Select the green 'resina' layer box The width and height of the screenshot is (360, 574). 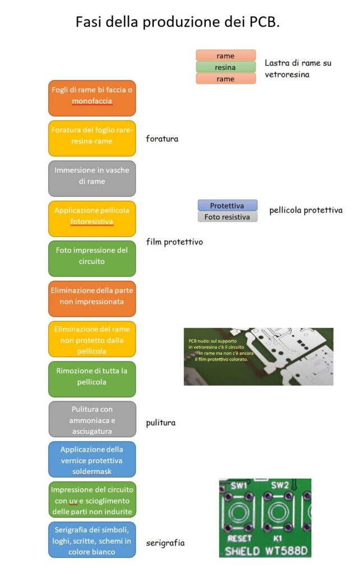[x=225, y=67]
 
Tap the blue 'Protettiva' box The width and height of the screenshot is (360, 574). [x=228, y=205]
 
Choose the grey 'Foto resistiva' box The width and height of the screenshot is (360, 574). [x=228, y=217]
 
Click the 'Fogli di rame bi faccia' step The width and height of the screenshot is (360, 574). [x=92, y=98]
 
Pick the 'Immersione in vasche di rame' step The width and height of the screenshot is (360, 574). [x=92, y=179]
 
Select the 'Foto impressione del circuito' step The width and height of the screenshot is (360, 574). [x=92, y=259]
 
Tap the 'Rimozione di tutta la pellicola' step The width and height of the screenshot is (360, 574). [x=92, y=379]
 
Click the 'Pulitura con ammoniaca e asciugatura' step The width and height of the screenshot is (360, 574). [x=92, y=419]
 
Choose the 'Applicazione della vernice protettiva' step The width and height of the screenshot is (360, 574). [x=92, y=460]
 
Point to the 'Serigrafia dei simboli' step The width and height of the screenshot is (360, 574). [x=92, y=540]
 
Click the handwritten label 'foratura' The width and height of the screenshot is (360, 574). [x=162, y=139]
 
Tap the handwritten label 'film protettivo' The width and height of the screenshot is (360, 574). [x=174, y=242]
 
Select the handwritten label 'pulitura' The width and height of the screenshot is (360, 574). [x=161, y=423]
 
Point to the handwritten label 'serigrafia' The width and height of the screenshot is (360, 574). [x=165, y=543]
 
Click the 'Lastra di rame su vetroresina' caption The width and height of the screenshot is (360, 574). [x=298, y=68]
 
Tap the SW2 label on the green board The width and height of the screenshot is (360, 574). [x=280, y=485]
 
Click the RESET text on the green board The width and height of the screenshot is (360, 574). [x=239, y=539]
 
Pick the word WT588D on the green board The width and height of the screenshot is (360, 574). [x=287, y=551]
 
